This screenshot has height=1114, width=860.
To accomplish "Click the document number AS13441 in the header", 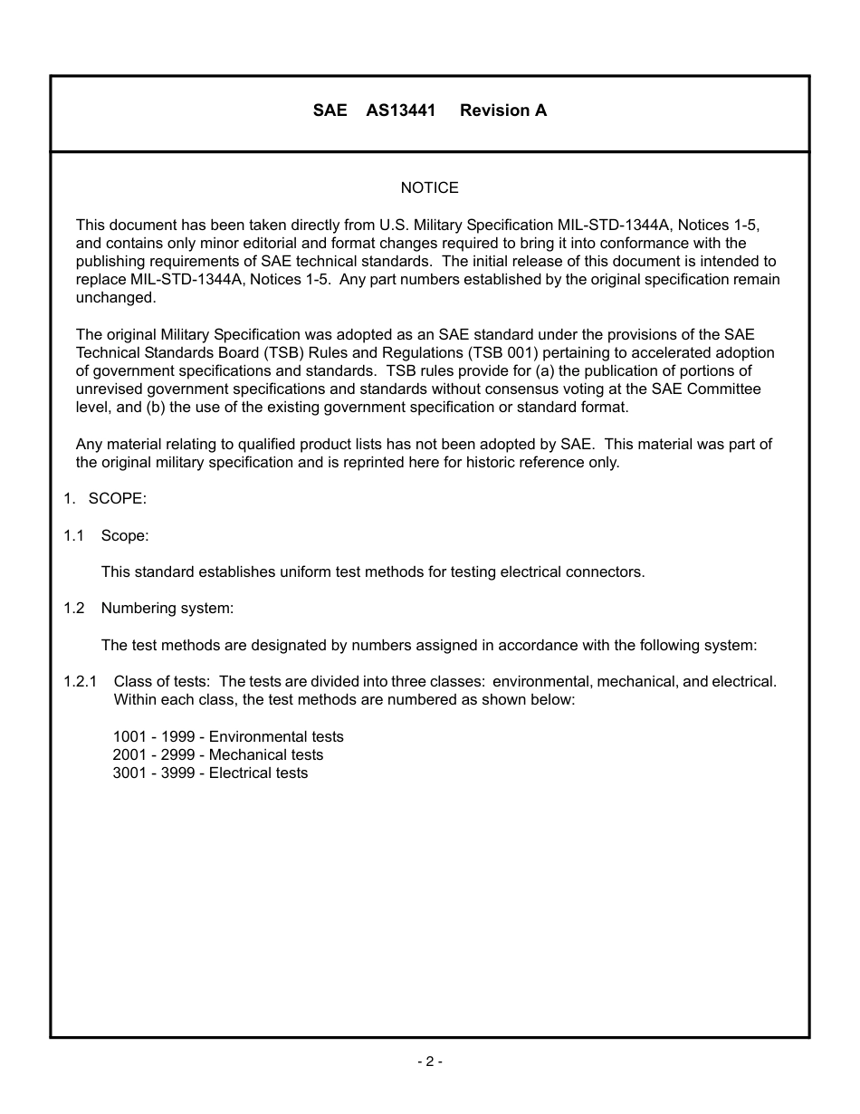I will (x=400, y=110).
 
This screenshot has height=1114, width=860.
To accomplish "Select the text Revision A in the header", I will (x=502, y=110).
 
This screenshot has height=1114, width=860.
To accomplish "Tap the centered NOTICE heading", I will (x=429, y=187).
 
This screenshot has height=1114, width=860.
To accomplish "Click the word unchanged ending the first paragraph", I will (x=115, y=298).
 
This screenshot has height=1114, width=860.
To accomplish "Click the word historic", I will (x=499, y=462).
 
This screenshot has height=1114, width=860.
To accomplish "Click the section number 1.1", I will (x=73, y=535).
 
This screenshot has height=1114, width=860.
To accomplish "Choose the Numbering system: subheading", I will (x=167, y=608).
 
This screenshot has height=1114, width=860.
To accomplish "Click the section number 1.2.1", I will (x=80, y=681).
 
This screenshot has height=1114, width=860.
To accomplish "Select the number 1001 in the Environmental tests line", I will (x=129, y=736).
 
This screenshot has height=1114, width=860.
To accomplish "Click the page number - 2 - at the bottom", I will (x=429, y=1061).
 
